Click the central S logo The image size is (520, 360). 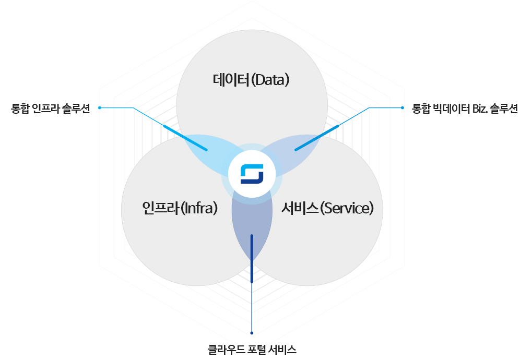click(252, 174)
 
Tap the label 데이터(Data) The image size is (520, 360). click(251, 80)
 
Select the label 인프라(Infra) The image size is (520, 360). click(179, 208)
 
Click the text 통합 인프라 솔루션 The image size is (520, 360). click(51, 109)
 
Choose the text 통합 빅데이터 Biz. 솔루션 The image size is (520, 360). click(465, 109)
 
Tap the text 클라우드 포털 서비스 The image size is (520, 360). click(252, 349)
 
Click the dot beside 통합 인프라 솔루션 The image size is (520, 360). click(99, 108)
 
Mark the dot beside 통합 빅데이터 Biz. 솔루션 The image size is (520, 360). click(403, 108)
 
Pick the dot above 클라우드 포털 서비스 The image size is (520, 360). click(252, 333)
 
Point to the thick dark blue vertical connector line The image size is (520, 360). click(252, 258)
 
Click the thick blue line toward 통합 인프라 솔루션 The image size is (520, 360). click(185, 138)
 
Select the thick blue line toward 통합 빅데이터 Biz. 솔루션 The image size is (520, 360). click(316, 138)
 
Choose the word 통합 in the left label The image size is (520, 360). click(19, 109)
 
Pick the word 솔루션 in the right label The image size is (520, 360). click(504, 109)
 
